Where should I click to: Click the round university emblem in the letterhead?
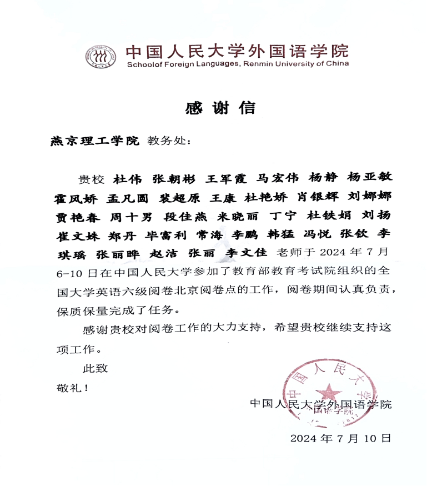pyautogui.click(x=101, y=57)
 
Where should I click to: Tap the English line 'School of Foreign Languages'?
pyautogui.click(x=238, y=64)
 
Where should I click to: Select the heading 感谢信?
pyautogui.click(x=220, y=108)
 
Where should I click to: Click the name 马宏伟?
pyautogui.click(x=279, y=179)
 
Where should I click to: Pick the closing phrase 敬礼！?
pyautogui.click(x=72, y=387)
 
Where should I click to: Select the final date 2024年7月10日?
pyautogui.click(x=340, y=438)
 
